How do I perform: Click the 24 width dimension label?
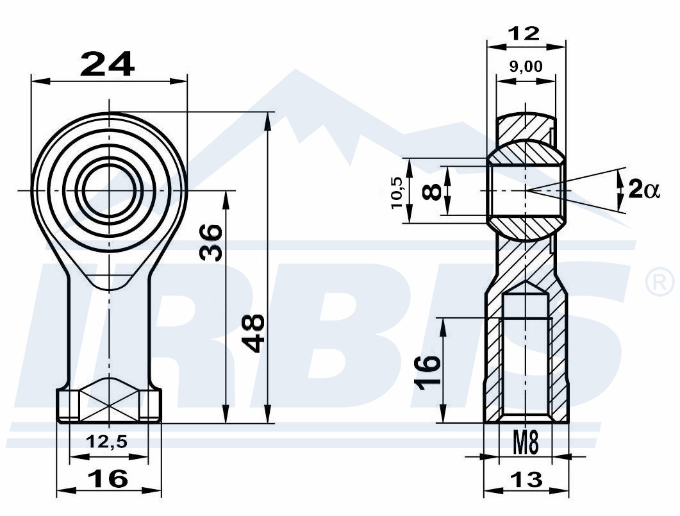point(108,64)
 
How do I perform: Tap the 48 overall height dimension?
point(253,333)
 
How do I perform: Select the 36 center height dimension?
point(211,242)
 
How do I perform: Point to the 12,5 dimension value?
point(106,442)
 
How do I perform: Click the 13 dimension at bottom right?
point(526,479)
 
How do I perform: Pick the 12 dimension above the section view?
point(525,33)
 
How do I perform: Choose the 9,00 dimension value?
point(526,67)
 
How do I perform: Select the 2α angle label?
point(644,190)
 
